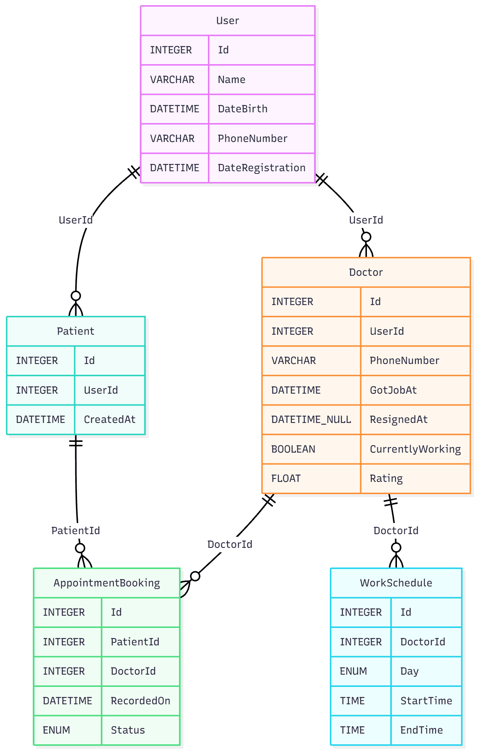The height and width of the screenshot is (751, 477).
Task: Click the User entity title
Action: pos(228,21)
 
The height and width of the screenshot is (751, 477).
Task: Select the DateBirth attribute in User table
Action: pos(242,109)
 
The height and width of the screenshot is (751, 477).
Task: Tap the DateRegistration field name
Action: pos(261,168)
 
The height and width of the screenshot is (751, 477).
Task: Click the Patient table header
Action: pos(76,331)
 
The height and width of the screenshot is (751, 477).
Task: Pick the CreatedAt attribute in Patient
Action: pos(109,420)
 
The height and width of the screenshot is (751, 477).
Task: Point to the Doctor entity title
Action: pos(366,272)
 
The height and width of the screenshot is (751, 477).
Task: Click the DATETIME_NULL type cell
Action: pos(311,420)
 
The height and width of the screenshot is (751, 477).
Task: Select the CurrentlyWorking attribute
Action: pos(415,449)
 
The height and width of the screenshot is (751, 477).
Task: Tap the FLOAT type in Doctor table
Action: pos(286,479)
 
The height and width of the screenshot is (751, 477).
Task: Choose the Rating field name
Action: pos(386,479)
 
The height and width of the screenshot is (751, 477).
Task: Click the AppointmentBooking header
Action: pos(107,583)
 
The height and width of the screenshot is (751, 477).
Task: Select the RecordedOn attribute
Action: pos(140,701)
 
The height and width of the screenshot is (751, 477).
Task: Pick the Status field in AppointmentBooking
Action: pos(128,730)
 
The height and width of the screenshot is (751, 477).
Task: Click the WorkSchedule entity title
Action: pos(396,583)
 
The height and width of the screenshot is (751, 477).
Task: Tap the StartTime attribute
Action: pos(426,701)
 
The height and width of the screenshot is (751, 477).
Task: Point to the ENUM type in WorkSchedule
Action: pos(353,671)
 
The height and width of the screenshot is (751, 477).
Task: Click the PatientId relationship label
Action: pos(76,531)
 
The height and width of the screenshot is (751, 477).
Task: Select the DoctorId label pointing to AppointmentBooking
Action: pos(230,545)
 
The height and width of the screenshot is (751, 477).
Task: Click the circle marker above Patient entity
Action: pos(76,296)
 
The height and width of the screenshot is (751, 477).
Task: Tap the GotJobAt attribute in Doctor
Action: pos(393,390)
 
